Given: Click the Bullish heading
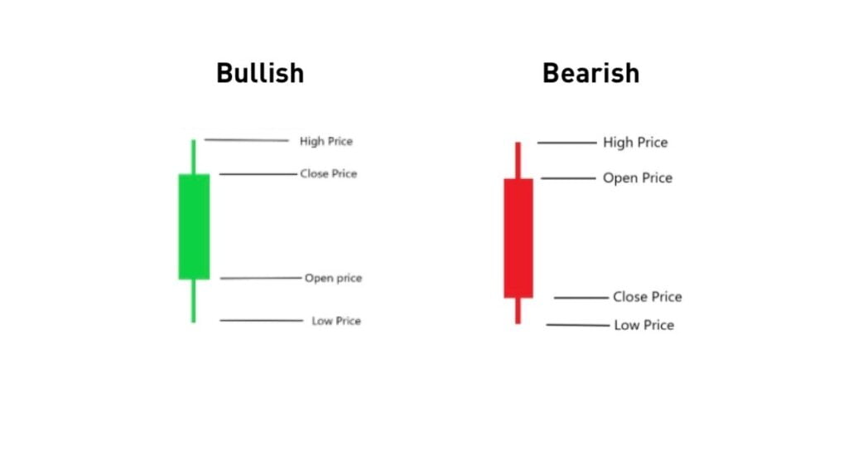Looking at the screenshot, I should point(260,73).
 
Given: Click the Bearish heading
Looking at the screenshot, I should point(590,73).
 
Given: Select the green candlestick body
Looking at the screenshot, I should point(194,226).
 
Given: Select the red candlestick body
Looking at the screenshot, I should point(518,238).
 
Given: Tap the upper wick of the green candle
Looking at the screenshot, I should point(194,157).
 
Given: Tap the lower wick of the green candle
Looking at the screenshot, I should point(194,300).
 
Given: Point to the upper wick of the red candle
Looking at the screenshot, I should point(518,160).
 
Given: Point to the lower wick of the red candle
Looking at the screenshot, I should point(518,310).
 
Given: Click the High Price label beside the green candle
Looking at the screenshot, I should point(325,142).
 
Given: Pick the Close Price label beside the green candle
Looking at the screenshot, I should point(329,174).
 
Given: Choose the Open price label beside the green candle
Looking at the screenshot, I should point(333,279).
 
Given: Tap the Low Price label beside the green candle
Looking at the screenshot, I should point(336,321).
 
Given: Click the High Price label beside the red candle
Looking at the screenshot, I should point(635,143).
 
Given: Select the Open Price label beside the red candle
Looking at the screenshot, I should point(638,178).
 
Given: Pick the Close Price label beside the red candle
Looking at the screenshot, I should point(648,297).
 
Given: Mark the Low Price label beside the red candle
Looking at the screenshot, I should point(643,325).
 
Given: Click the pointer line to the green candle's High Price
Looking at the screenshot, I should point(246,140).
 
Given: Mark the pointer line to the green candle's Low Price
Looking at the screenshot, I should point(262,320).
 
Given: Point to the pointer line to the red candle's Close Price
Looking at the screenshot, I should point(581,298).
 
